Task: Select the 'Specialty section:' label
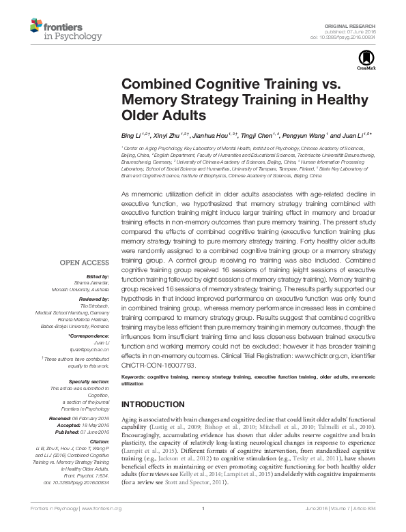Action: click(x=89, y=382)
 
